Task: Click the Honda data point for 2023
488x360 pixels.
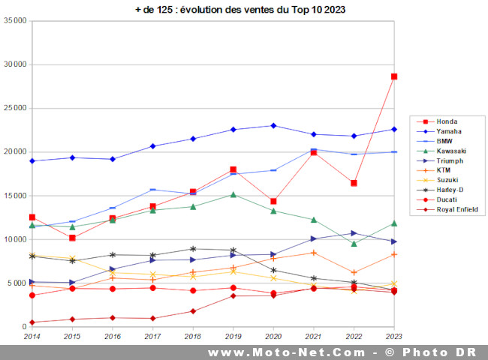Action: (x=393, y=76)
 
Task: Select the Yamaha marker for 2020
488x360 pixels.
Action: (x=273, y=126)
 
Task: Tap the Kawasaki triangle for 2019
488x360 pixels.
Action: (x=233, y=195)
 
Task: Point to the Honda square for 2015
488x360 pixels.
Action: (x=72, y=238)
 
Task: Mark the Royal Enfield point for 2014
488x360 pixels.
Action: (x=32, y=322)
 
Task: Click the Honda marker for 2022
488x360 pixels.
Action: (x=354, y=183)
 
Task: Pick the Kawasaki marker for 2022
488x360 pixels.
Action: (x=354, y=244)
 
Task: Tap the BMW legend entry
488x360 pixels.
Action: (x=446, y=141)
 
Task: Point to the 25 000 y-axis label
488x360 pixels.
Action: (x=14, y=108)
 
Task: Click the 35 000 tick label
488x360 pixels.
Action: (x=14, y=21)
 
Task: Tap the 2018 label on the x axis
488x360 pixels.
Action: (x=193, y=337)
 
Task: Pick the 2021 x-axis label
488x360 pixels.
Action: (x=313, y=337)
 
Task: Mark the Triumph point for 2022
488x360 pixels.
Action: (x=354, y=233)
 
